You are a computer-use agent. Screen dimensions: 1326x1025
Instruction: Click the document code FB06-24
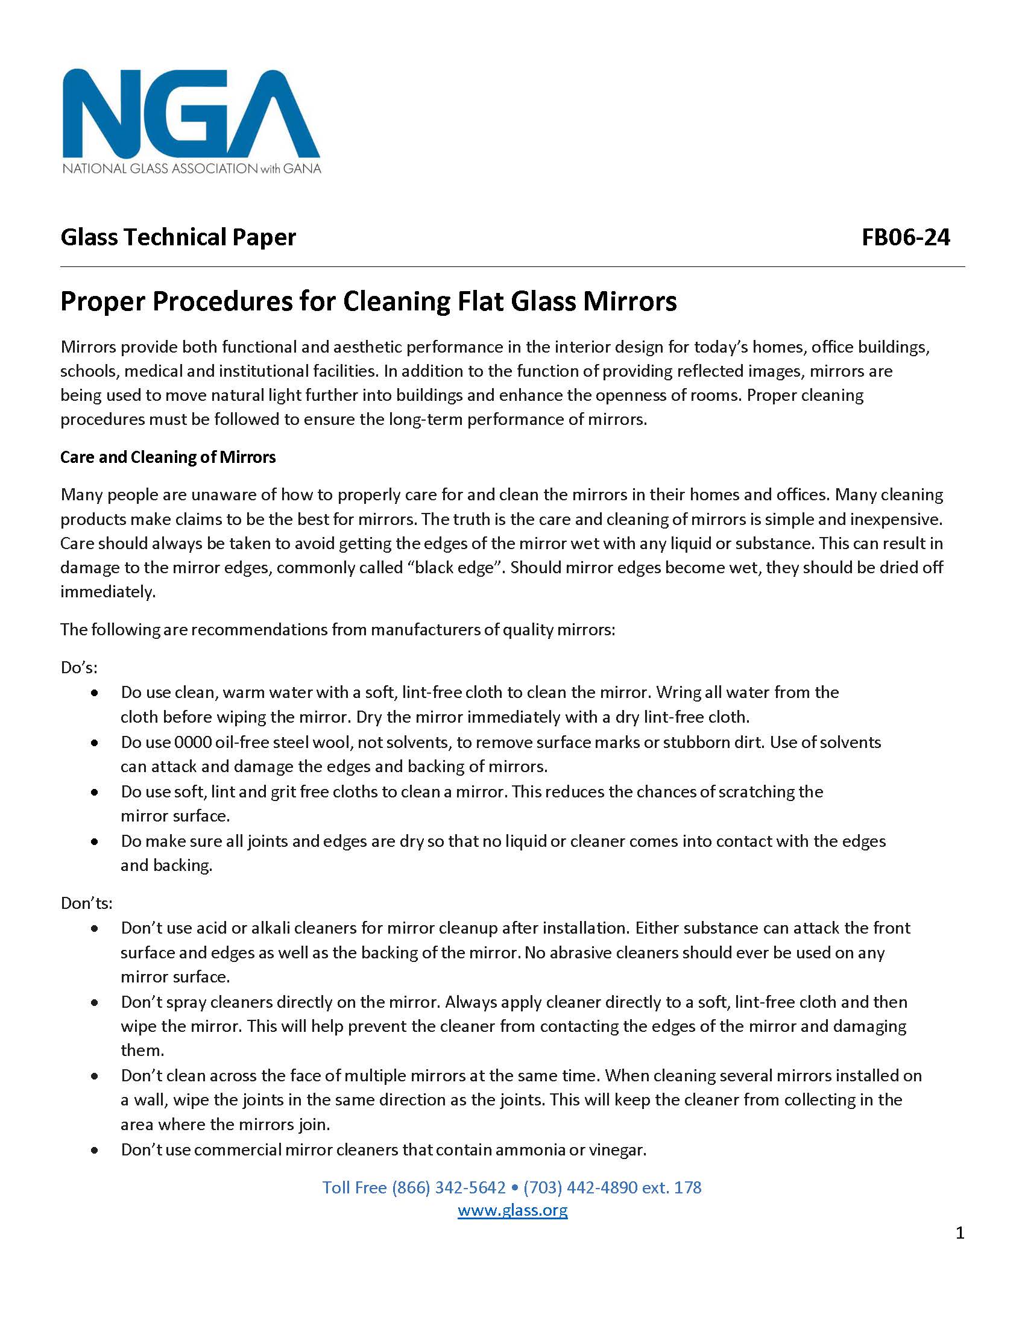(x=906, y=237)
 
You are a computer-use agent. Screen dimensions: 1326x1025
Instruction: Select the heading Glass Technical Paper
(x=178, y=237)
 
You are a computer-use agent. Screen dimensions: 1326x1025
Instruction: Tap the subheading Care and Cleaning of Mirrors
(x=168, y=457)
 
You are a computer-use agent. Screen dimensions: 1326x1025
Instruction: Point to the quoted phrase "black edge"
(x=455, y=567)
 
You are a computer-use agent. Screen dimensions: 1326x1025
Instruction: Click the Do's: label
(x=79, y=667)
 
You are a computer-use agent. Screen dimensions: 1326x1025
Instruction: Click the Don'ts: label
(x=86, y=903)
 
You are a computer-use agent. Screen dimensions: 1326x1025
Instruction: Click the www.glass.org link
(x=512, y=1210)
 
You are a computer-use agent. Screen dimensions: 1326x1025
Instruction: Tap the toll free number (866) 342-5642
(x=449, y=1187)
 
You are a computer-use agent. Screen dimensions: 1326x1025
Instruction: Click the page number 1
(x=959, y=1233)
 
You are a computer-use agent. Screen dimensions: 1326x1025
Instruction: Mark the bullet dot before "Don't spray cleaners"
(x=95, y=1002)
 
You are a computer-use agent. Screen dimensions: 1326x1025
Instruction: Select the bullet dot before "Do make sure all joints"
(x=95, y=841)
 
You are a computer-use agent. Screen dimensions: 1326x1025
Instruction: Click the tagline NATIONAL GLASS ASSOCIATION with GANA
(x=191, y=168)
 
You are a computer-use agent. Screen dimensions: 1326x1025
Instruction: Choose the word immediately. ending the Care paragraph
(x=107, y=591)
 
